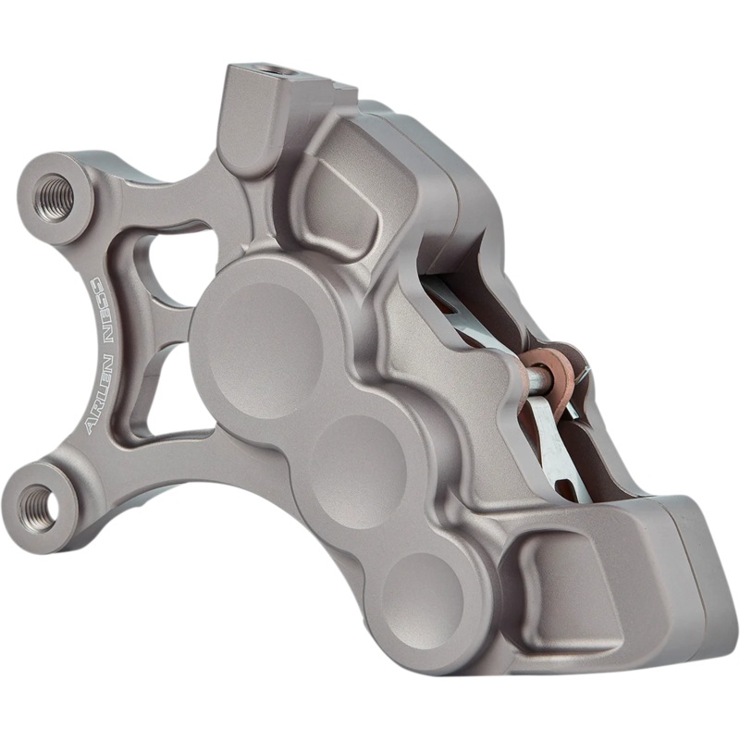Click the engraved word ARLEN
tap(95, 400)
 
